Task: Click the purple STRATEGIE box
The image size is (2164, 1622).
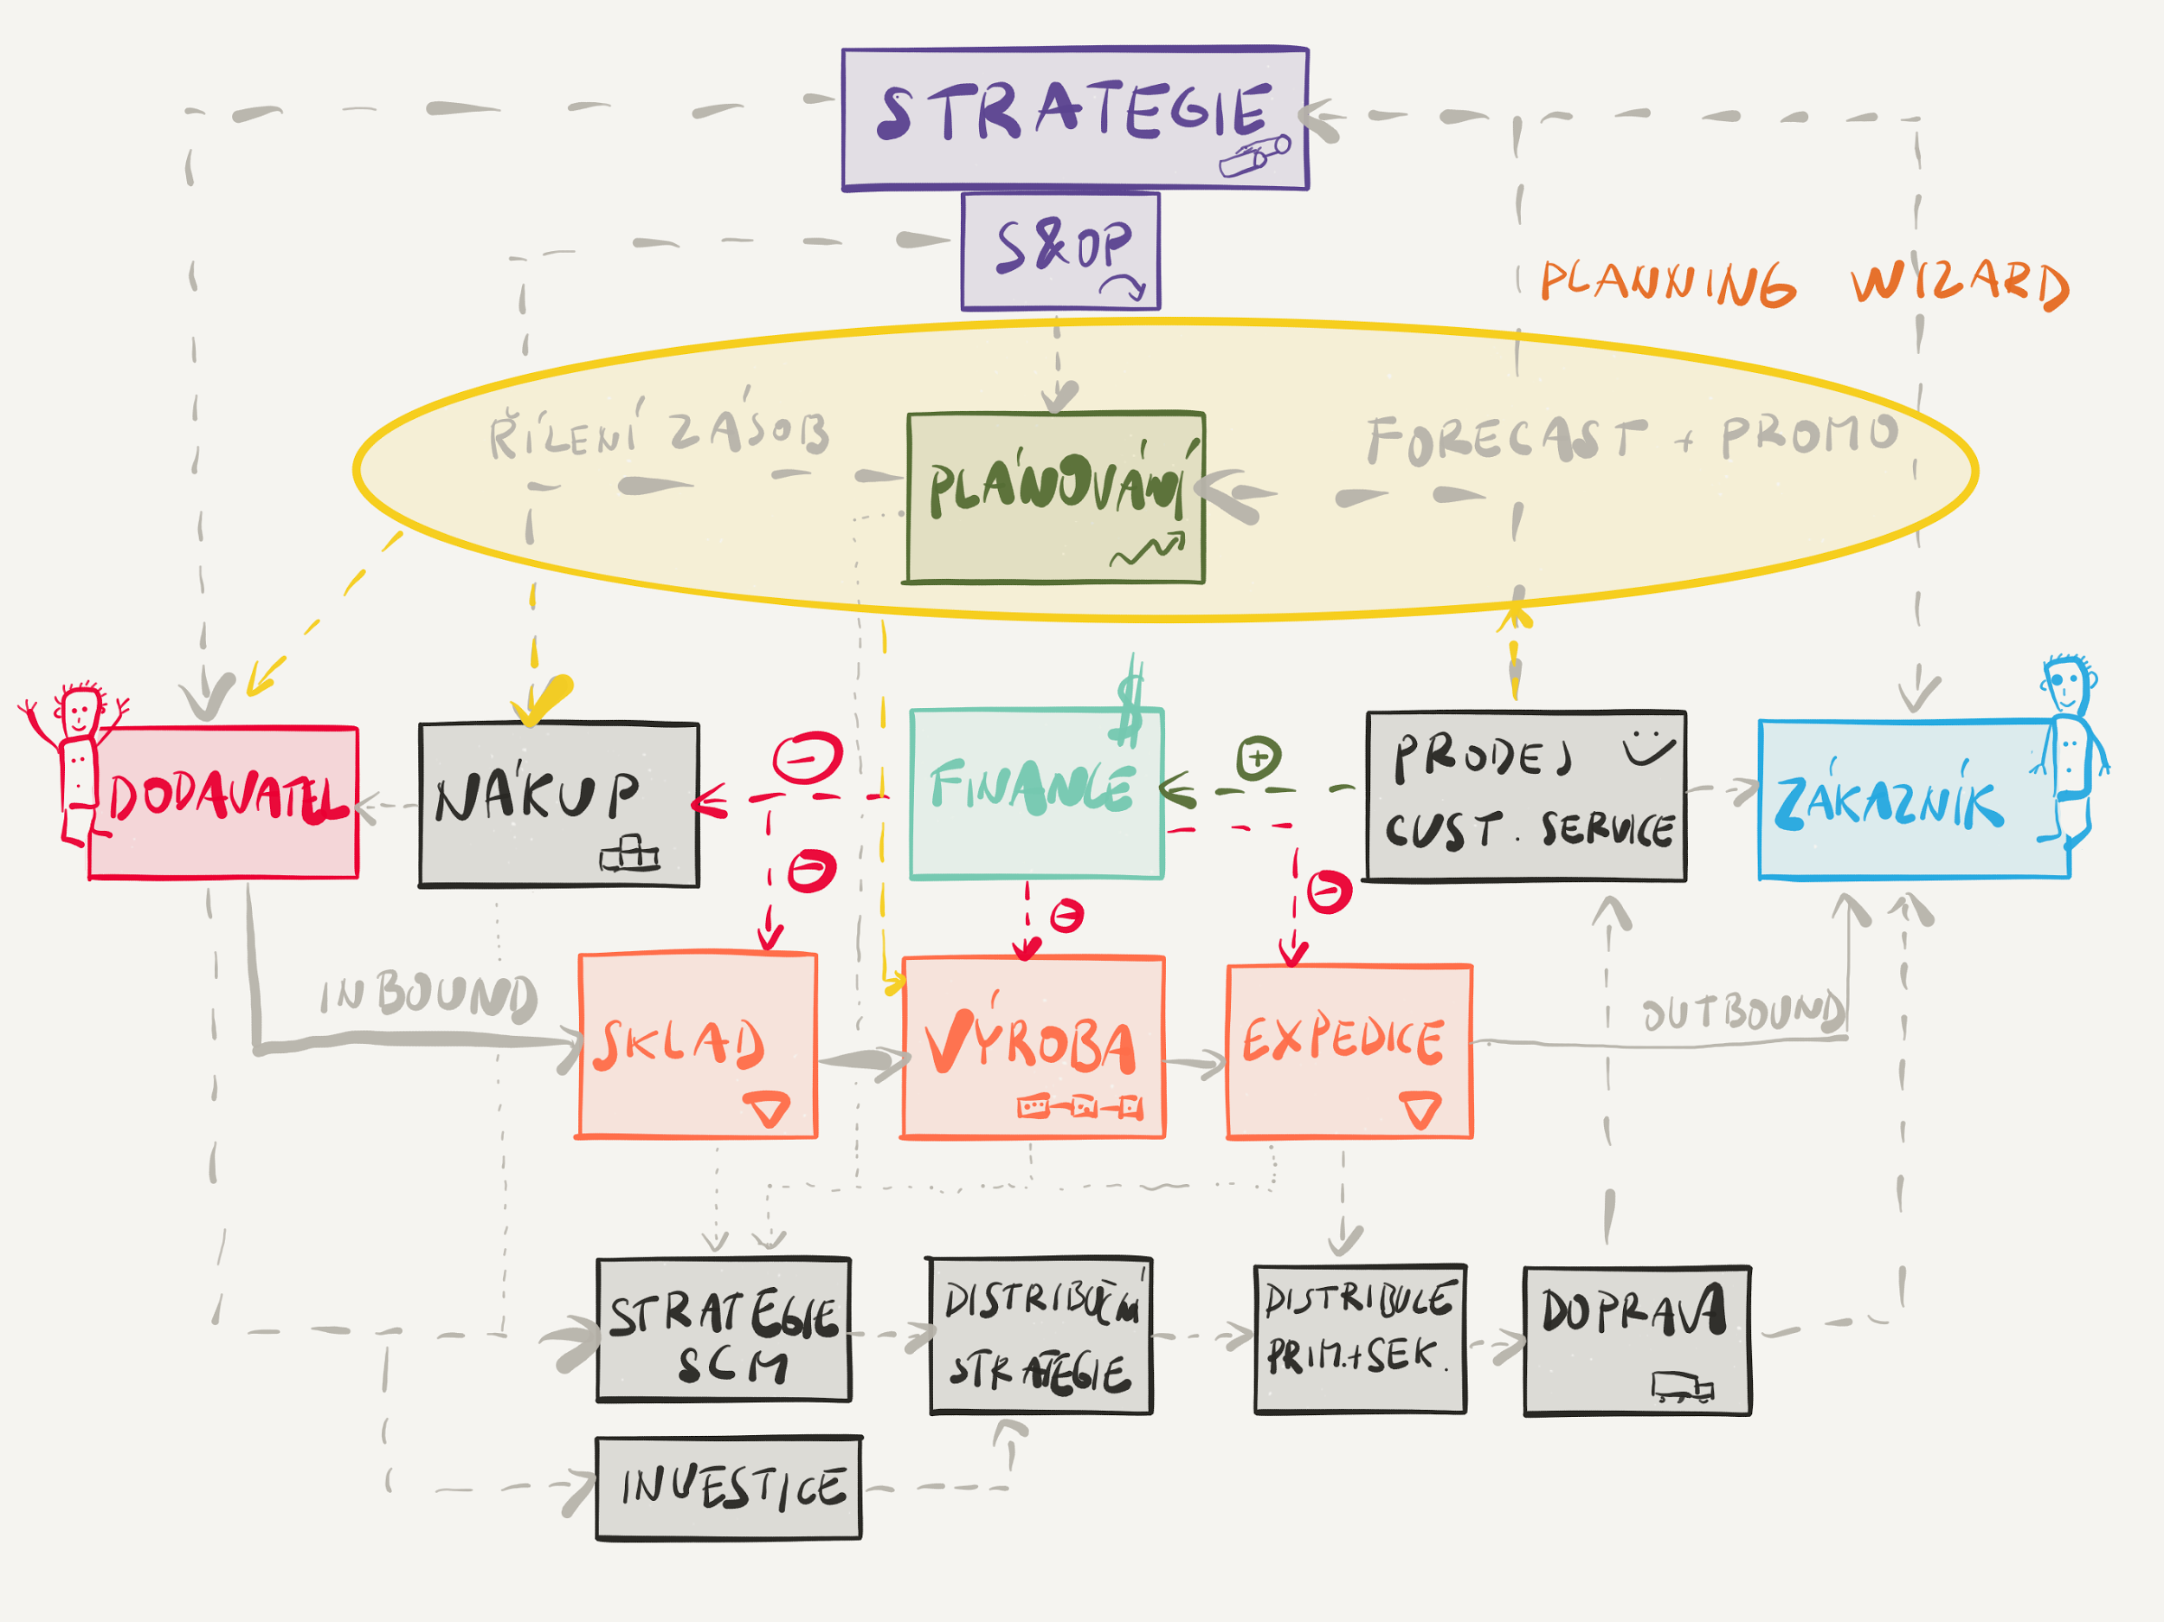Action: (1074, 118)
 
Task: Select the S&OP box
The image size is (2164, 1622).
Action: (1060, 250)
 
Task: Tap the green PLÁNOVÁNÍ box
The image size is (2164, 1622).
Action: (1054, 497)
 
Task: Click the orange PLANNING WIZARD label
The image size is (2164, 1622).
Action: (1804, 284)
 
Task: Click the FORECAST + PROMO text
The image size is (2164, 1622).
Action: (1632, 438)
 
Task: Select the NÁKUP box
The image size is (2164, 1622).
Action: (558, 804)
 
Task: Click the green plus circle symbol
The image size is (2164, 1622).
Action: (1258, 756)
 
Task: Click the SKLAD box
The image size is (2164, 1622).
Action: (698, 1045)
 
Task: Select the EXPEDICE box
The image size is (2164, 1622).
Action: (1349, 1051)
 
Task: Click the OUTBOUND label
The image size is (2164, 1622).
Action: (1742, 1012)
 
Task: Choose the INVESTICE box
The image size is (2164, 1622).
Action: (729, 1488)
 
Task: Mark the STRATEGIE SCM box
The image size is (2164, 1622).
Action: (723, 1329)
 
